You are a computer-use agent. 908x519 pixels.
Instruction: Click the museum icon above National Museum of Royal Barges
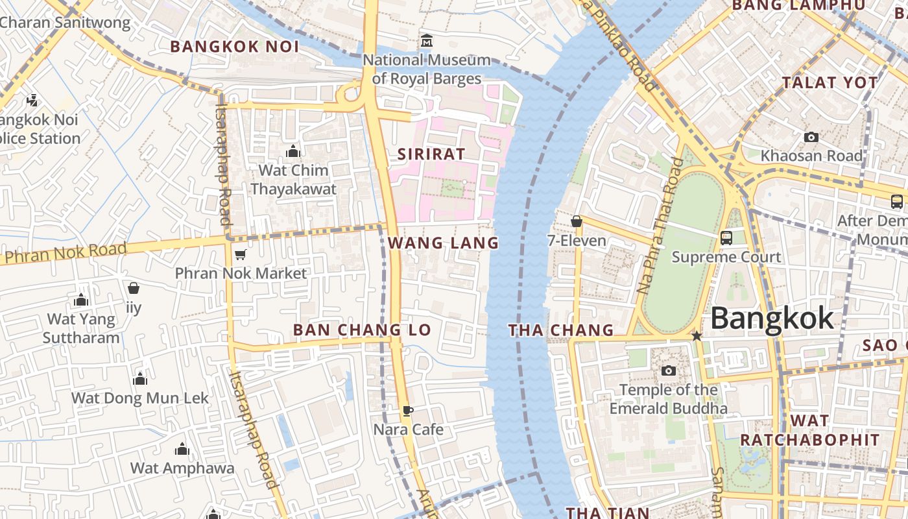click(x=426, y=41)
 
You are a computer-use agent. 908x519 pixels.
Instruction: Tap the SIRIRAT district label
click(x=431, y=154)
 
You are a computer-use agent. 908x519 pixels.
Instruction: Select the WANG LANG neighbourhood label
click(x=444, y=243)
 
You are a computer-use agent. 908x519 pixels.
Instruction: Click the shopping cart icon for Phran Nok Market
click(x=241, y=254)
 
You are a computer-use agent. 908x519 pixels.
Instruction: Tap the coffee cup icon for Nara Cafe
click(x=407, y=411)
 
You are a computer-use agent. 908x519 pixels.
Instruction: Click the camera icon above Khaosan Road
click(x=811, y=137)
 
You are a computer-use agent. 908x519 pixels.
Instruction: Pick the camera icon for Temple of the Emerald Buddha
click(x=668, y=370)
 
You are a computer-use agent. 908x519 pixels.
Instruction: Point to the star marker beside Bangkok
click(x=697, y=336)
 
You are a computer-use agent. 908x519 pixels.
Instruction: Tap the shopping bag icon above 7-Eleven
click(x=576, y=222)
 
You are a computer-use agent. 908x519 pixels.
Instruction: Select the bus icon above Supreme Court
click(x=726, y=238)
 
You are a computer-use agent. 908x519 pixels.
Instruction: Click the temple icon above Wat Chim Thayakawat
click(x=293, y=151)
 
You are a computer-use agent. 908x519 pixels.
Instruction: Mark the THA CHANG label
click(x=561, y=330)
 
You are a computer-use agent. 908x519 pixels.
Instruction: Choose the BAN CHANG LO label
click(x=362, y=330)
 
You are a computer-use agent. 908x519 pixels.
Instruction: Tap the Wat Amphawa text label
click(x=182, y=468)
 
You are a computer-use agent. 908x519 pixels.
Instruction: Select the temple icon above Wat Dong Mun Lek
click(x=140, y=380)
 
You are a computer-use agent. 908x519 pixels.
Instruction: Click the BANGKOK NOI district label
click(x=235, y=47)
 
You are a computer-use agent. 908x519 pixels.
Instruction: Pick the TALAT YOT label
click(x=830, y=83)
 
